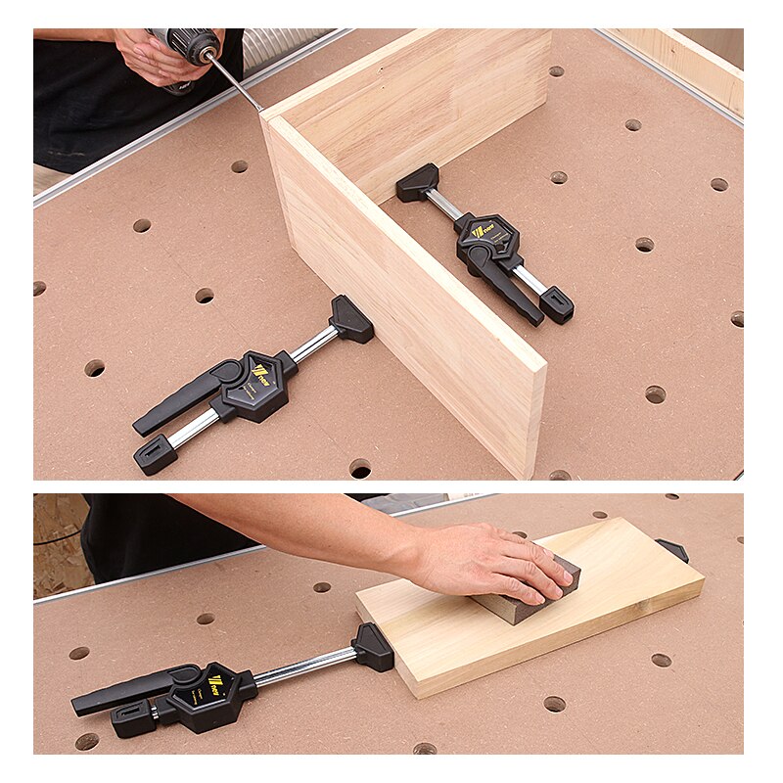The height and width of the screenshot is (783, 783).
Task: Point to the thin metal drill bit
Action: coord(236,83)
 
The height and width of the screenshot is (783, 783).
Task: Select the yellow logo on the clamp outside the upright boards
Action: coord(258,372)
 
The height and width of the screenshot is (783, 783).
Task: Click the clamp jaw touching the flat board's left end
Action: coord(374,647)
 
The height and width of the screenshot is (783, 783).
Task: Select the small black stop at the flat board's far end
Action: coord(672,549)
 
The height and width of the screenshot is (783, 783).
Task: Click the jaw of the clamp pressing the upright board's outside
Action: coord(351,319)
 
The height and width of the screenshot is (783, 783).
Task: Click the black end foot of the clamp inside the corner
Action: coord(556,304)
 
